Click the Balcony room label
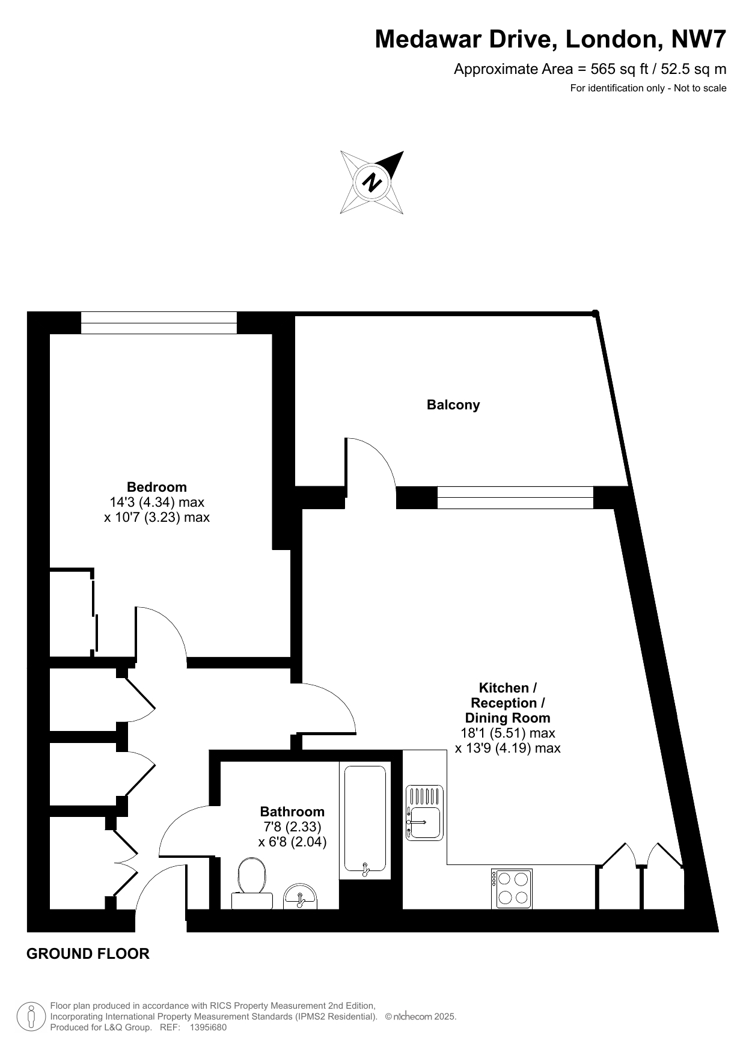point(453,405)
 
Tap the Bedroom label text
point(157,487)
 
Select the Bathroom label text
point(292,812)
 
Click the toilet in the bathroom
point(252,883)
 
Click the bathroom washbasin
point(301,896)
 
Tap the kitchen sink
point(424,812)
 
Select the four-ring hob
point(512,889)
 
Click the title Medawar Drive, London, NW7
point(551,40)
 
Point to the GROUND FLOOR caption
point(88,953)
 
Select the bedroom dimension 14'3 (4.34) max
point(157,502)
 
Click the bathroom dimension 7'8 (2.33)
point(292,827)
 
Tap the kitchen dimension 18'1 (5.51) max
point(508,733)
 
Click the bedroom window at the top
point(159,323)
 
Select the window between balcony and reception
point(515,498)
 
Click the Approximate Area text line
point(590,69)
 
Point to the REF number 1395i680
point(208,1027)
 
